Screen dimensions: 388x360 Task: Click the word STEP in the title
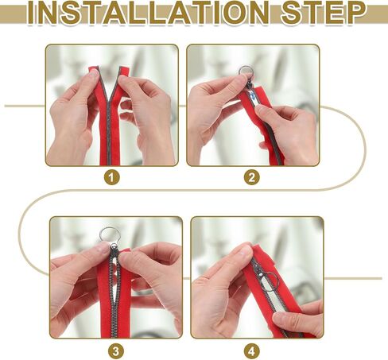(x=324, y=12)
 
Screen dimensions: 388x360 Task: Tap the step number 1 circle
(x=111, y=177)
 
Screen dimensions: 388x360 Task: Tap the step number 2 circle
(x=251, y=177)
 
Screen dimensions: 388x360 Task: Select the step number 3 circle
(x=116, y=351)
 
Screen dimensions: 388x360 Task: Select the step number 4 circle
(x=251, y=351)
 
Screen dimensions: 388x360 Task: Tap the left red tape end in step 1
(x=94, y=69)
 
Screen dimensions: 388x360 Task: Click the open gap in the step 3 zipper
(x=115, y=276)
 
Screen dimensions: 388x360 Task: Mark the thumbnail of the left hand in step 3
(x=103, y=249)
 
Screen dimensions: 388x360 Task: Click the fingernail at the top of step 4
(x=244, y=250)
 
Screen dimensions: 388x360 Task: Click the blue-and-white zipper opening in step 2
(x=250, y=95)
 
